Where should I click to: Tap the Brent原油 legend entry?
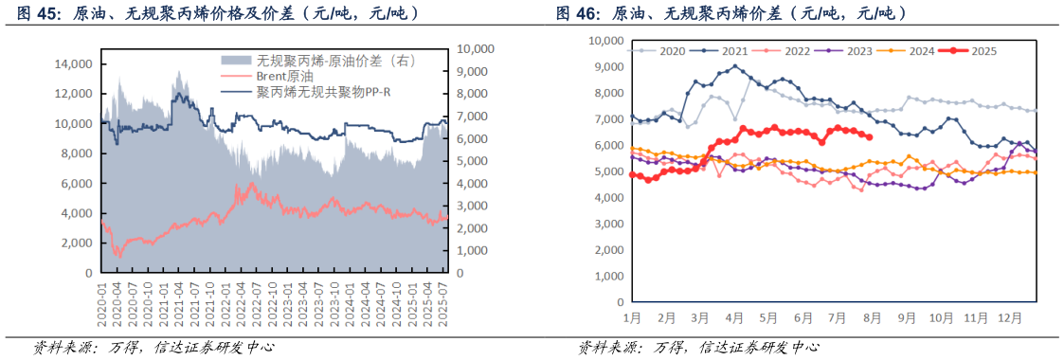click(x=285, y=76)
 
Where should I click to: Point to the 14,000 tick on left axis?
click(x=73, y=64)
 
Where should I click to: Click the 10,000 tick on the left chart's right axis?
click(x=478, y=48)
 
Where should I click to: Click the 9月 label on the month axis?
click(x=908, y=319)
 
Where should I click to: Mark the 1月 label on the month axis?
click(x=634, y=319)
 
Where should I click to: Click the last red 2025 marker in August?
click(x=870, y=136)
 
